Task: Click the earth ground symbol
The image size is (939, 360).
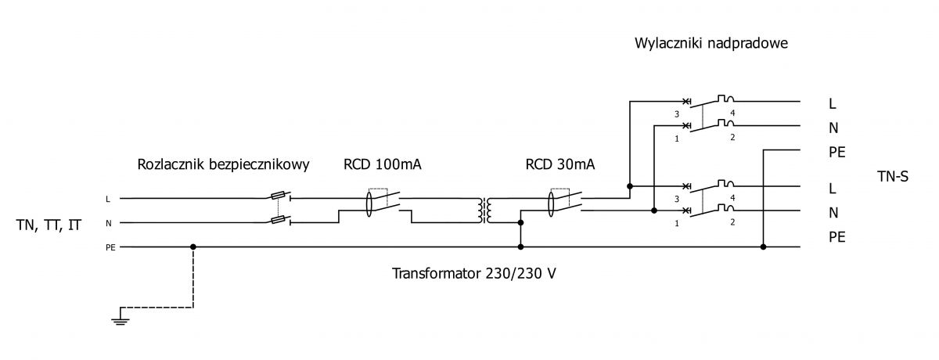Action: click(x=121, y=322)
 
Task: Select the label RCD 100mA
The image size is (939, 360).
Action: click(x=383, y=164)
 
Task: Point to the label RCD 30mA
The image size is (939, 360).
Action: click(x=560, y=164)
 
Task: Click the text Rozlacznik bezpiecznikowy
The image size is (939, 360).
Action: click(x=224, y=164)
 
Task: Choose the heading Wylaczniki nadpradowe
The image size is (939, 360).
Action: click(x=711, y=43)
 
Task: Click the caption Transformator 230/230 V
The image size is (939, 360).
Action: click(x=473, y=274)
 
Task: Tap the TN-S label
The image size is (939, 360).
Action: click(x=893, y=176)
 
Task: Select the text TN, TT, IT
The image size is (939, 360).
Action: click(x=49, y=225)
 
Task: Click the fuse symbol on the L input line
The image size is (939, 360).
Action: click(x=279, y=196)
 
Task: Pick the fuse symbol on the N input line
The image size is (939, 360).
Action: click(x=279, y=220)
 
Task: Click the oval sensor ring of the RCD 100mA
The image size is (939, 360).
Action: click(x=369, y=203)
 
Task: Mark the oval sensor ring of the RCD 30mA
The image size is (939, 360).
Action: click(x=551, y=203)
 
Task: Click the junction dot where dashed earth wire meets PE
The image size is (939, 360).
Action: click(x=192, y=247)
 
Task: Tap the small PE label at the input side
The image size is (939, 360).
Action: click(x=110, y=247)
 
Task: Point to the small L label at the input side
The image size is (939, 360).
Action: click(x=108, y=200)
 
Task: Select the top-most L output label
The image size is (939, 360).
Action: click(x=832, y=103)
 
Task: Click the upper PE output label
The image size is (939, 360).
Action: click(x=836, y=153)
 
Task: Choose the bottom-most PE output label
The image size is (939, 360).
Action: click(x=836, y=238)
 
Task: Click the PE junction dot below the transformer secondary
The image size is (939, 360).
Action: click(x=520, y=247)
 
